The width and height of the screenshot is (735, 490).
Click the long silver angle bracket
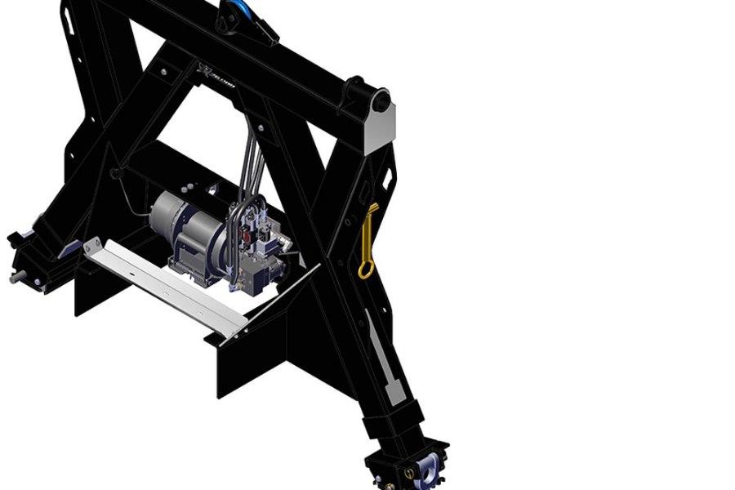click(x=163, y=286)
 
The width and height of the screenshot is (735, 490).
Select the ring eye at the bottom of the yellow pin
click(x=364, y=269)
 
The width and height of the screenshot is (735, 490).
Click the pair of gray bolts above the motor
click(x=212, y=191)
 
